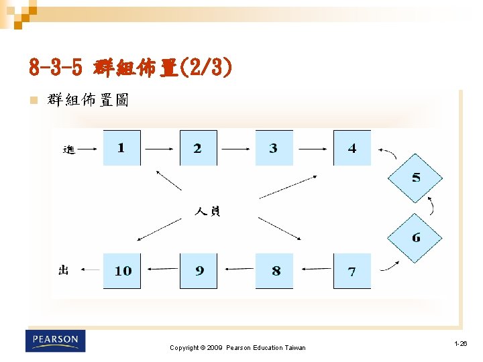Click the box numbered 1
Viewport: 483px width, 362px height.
(x=121, y=148)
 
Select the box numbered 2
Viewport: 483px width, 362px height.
(x=198, y=148)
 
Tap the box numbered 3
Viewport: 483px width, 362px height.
(x=274, y=148)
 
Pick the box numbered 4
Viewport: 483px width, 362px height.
(x=352, y=148)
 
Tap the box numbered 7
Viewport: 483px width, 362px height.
(x=352, y=271)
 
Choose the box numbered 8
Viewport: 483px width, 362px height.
(x=274, y=271)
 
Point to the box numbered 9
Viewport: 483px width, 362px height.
(x=199, y=271)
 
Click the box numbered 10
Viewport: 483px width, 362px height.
(x=122, y=271)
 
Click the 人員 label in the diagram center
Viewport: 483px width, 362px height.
(x=207, y=212)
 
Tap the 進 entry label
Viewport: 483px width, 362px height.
(x=68, y=149)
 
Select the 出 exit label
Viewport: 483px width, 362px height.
(x=64, y=270)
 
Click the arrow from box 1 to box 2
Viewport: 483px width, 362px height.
(x=160, y=148)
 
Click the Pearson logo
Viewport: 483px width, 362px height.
(x=56, y=341)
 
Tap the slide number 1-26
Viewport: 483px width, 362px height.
(x=460, y=344)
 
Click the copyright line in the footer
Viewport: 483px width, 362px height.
(x=237, y=348)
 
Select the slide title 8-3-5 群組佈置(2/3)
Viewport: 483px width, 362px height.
(x=131, y=68)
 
